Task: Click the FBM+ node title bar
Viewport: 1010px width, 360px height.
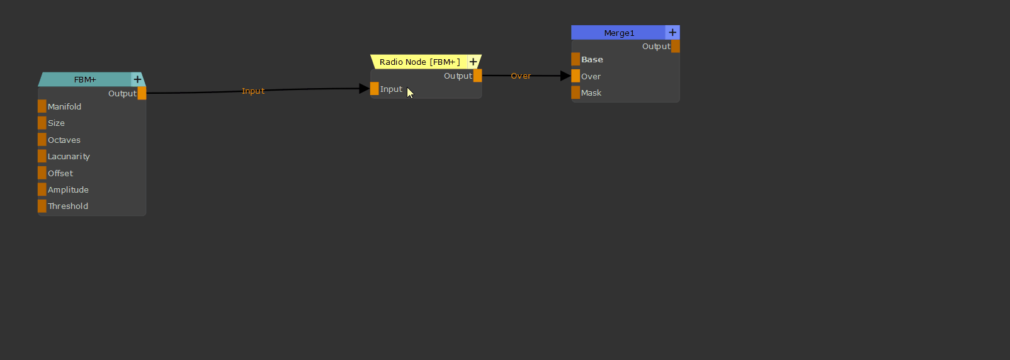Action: click(x=85, y=79)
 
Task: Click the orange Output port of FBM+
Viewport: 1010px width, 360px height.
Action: click(x=142, y=93)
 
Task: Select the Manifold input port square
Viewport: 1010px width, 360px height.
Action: click(x=42, y=106)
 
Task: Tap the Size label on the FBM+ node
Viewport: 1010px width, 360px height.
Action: click(x=56, y=123)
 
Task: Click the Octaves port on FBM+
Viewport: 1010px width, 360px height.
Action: click(x=42, y=140)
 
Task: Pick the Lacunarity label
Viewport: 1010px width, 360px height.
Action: click(x=69, y=157)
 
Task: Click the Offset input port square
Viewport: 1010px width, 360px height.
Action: click(x=42, y=173)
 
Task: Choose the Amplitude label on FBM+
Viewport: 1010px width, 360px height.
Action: click(x=68, y=190)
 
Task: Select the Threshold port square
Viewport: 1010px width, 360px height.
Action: click(x=42, y=206)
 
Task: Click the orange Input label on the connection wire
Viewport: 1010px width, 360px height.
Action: click(x=253, y=91)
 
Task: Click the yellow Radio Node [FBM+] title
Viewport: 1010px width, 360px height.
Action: click(x=419, y=62)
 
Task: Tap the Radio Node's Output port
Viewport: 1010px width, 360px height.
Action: click(x=477, y=76)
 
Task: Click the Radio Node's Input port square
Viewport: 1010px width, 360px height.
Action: click(x=375, y=89)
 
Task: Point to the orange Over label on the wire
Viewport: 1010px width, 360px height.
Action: click(x=521, y=76)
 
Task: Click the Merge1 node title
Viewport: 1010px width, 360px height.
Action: click(x=619, y=33)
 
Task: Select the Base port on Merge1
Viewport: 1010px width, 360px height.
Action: click(x=576, y=60)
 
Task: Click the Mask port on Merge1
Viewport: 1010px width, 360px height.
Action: click(x=576, y=93)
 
